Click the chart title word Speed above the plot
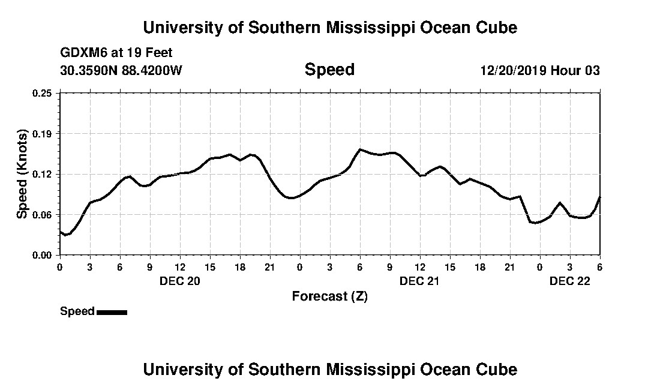pos(329,70)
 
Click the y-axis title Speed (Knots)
pos(22,174)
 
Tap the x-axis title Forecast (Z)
pos(329,296)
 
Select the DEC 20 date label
pos(179,281)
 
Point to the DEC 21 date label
pos(419,281)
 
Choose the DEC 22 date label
pos(569,281)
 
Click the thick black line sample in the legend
pos(112,312)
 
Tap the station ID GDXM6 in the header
pos(82,53)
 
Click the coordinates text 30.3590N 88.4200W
pos(121,71)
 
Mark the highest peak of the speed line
pos(360,149)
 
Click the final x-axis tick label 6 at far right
pos(599,267)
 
